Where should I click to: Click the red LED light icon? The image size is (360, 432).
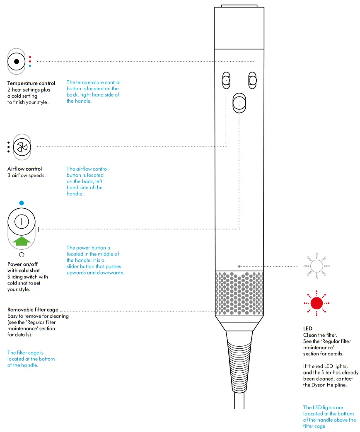pyautogui.click(x=317, y=303)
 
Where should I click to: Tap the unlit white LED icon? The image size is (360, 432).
pyautogui.click(x=317, y=265)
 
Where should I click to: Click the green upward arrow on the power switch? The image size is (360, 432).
pyautogui.click(x=22, y=241)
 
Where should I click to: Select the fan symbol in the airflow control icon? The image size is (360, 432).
pyautogui.click(x=22, y=147)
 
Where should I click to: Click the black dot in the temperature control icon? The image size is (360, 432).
pyautogui.click(x=17, y=61)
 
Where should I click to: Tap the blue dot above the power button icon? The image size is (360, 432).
pyautogui.click(x=22, y=203)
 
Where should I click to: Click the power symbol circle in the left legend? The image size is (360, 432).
pyautogui.click(x=22, y=222)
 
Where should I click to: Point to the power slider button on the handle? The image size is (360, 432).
pyautogui.click(x=239, y=102)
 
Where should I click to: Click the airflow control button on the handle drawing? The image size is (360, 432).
pyautogui.click(x=226, y=80)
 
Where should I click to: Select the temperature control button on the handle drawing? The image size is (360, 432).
pyautogui.click(x=252, y=80)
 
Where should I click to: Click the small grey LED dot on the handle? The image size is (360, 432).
pyautogui.click(x=239, y=266)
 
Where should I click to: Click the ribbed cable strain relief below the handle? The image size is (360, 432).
pyautogui.click(x=239, y=360)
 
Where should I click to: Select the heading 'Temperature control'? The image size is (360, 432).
pyautogui.click(x=31, y=83)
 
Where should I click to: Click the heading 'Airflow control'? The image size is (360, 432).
pyautogui.click(x=24, y=169)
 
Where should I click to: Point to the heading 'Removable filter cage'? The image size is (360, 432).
pyautogui.click(x=33, y=310)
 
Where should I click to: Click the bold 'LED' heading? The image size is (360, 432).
pyautogui.click(x=307, y=328)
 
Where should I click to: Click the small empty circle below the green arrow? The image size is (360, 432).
pyautogui.click(x=22, y=254)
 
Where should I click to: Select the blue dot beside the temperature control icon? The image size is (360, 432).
pyautogui.click(x=30, y=65)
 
